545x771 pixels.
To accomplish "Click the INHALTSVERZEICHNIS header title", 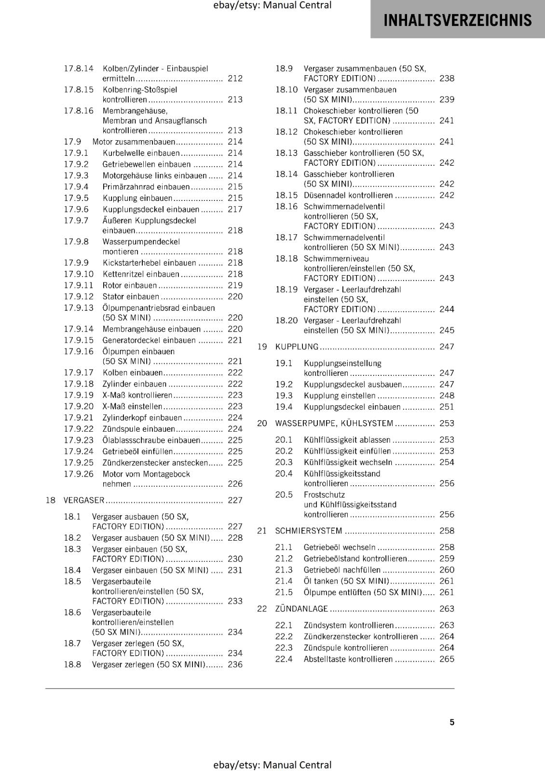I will click(457, 20).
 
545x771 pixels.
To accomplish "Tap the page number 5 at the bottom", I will click(452, 722).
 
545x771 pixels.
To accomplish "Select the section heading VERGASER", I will click(84, 500).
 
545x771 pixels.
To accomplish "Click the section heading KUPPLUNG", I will click(297, 346).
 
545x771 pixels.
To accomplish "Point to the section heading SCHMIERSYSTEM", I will click(308, 531).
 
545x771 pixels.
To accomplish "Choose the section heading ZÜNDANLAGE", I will click(301, 609).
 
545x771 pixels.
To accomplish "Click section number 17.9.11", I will click(79, 285).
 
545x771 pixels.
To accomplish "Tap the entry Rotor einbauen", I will click(130, 285).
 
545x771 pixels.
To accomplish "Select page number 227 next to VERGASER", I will click(235, 500).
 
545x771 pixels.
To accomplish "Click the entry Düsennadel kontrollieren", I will click(348, 195).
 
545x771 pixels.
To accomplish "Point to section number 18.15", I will click(286, 195).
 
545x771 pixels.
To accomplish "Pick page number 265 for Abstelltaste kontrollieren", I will click(447, 659).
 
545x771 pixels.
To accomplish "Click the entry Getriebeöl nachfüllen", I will click(342, 570).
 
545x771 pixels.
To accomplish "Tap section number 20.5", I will click(284, 494).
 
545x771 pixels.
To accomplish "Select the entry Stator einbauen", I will click(131, 296).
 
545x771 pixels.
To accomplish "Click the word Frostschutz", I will click(324, 494).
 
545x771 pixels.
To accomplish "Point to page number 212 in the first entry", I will click(235, 78).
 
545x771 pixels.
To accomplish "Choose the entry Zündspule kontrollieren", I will click(346, 648).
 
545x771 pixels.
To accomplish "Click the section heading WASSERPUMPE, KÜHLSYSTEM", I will click(334, 423).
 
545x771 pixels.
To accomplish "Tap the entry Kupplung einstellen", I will click(340, 396).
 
